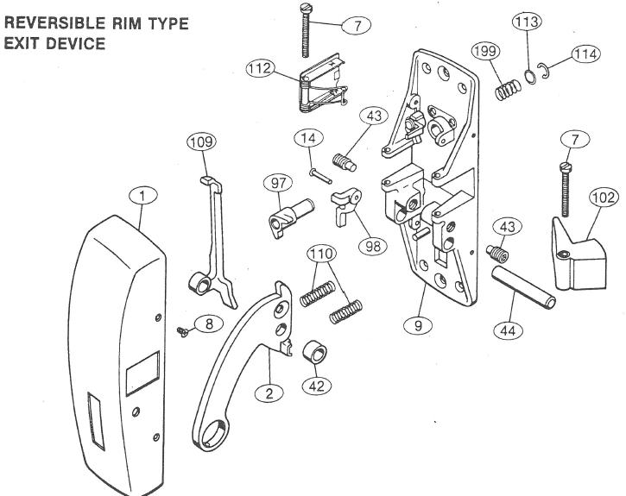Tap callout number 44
pos(509,330)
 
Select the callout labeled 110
pos(320,254)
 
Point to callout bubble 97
pos(278,183)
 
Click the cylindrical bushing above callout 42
pos(315,353)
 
